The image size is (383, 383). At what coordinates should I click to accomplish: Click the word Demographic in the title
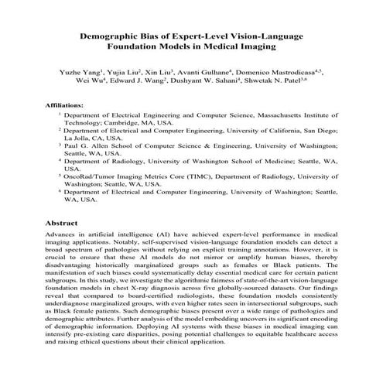tap(116, 36)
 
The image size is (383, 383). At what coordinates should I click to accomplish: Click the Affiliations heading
tap(66, 103)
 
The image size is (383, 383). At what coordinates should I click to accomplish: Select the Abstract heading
tap(62, 222)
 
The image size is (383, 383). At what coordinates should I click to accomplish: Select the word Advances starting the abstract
tap(63, 234)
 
